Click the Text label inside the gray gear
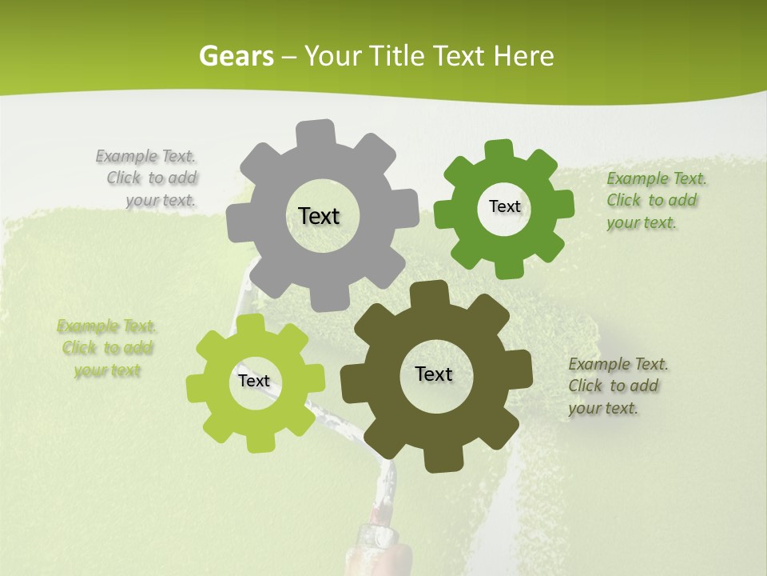[x=319, y=216]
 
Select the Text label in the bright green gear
[x=504, y=206]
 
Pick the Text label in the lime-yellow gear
[x=254, y=381]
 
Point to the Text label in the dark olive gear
[x=434, y=374]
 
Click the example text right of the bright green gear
[x=655, y=200]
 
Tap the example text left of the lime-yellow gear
[x=107, y=348]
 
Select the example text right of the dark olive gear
[x=617, y=386]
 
